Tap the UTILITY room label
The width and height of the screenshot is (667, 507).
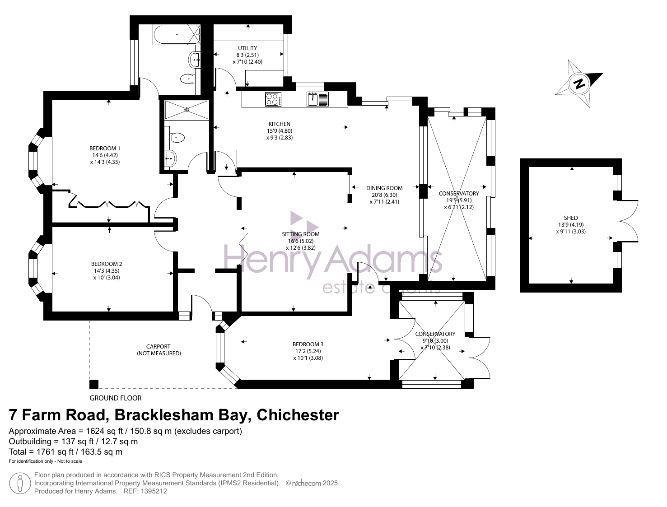point(247,48)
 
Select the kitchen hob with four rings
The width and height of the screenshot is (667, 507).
point(273,99)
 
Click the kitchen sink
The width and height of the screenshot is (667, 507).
point(317,99)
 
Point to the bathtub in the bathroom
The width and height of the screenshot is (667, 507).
point(177,35)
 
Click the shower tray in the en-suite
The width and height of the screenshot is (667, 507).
point(187,110)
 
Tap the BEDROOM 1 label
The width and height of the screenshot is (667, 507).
point(105,148)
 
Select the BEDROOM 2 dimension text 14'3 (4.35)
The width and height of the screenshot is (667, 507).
point(107,271)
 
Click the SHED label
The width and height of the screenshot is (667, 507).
point(571,218)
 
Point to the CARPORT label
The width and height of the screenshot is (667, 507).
point(159,346)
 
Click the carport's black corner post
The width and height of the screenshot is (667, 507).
point(94,384)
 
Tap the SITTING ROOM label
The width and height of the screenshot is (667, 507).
point(300,234)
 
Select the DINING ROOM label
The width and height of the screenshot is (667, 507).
point(384,188)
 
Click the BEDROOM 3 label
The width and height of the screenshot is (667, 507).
point(308,344)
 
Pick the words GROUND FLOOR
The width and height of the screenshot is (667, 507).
point(116,398)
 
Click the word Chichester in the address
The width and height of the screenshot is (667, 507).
point(298,415)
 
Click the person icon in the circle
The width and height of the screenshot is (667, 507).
point(20,483)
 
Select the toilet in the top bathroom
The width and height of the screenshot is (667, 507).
point(187,79)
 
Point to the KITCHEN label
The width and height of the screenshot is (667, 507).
point(279,124)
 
